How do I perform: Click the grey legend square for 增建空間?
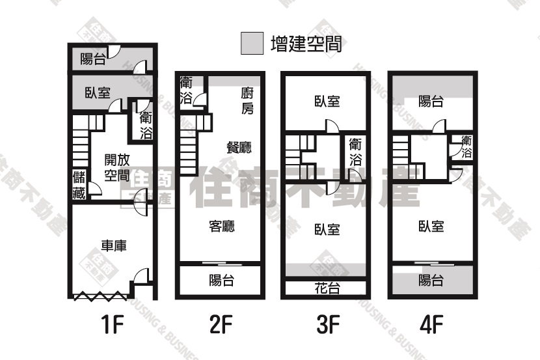click(x=252, y=44)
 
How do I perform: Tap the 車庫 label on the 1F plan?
click(x=114, y=245)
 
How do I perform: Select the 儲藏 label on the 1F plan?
click(x=79, y=185)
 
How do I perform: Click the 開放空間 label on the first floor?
click(x=117, y=168)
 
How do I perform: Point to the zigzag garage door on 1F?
click(x=101, y=296)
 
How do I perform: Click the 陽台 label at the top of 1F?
click(x=93, y=59)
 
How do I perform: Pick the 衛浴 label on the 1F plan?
click(x=146, y=126)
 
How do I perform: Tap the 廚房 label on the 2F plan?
click(x=248, y=101)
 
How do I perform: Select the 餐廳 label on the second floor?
click(x=239, y=147)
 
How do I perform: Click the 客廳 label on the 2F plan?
click(x=222, y=227)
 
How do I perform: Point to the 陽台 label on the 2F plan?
click(x=222, y=280)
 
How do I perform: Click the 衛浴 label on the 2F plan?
click(x=186, y=91)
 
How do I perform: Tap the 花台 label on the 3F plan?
click(x=327, y=288)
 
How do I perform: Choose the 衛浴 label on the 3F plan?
click(x=355, y=152)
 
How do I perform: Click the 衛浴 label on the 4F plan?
click(x=466, y=147)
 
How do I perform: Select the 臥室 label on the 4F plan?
click(x=431, y=227)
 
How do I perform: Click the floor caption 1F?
click(x=113, y=324)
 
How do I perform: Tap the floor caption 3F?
click(x=328, y=324)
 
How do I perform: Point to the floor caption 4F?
click(x=431, y=324)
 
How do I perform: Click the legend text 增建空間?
click(x=306, y=44)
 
